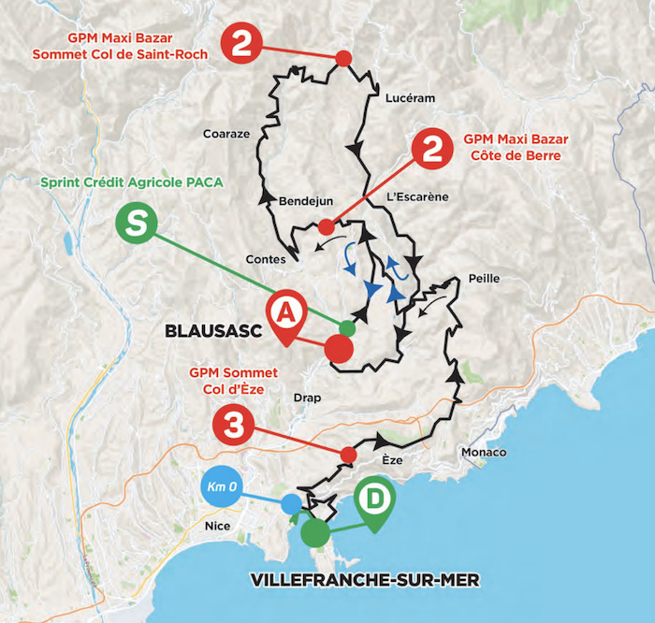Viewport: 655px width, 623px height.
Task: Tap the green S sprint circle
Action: pyautogui.click(x=137, y=225)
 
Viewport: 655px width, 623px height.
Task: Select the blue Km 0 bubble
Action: pyautogui.click(x=225, y=486)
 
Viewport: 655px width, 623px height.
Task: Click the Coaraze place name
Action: pyautogui.click(x=226, y=134)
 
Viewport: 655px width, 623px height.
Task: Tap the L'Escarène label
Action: pyautogui.click(x=417, y=196)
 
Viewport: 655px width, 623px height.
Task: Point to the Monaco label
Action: pyautogui.click(x=484, y=453)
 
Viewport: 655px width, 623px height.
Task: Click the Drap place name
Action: pyautogui.click(x=306, y=398)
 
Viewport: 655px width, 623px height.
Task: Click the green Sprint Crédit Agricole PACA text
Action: pyautogui.click(x=130, y=181)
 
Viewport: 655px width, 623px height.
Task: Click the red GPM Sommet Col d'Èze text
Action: pyautogui.click(x=233, y=379)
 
